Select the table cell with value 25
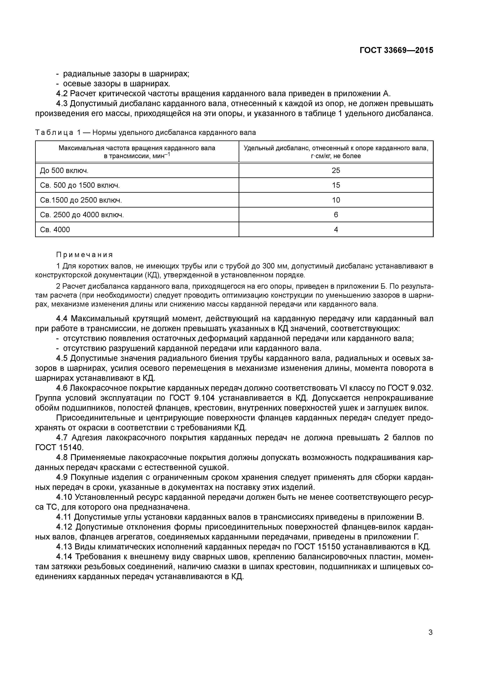point(336,170)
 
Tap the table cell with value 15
point(336,185)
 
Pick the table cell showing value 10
point(336,200)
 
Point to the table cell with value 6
point(336,215)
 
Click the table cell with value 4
point(336,230)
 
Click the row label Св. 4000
point(55,230)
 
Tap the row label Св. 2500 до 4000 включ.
point(82,215)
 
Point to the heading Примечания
point(85,254)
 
